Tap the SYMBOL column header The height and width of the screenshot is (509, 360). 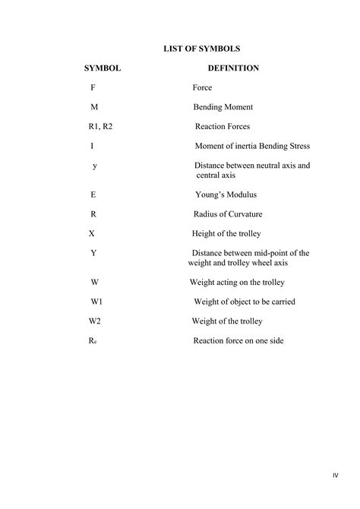[103, 68]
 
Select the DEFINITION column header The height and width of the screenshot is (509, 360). [233, 68]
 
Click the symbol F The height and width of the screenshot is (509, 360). [93, 88]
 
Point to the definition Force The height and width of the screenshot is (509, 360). [202, 88]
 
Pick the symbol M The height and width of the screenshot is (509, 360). [94, 107]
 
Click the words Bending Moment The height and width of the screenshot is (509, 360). [223, 108]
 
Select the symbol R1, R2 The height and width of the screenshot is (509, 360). [100, 127]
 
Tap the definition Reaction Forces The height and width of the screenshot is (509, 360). [222, 127]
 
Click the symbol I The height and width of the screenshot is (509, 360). [92, 146]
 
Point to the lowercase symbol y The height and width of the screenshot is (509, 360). [94, 165]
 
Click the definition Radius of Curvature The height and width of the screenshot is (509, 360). [229, 214]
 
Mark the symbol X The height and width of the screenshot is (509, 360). [92, 233]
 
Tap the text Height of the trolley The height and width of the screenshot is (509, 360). [226, 233]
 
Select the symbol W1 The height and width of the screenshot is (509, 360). [96, 302]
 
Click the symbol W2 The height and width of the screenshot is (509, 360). [95, 321]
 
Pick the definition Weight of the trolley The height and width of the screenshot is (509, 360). [227, 321]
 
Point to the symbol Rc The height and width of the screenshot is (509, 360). [93, 341]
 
